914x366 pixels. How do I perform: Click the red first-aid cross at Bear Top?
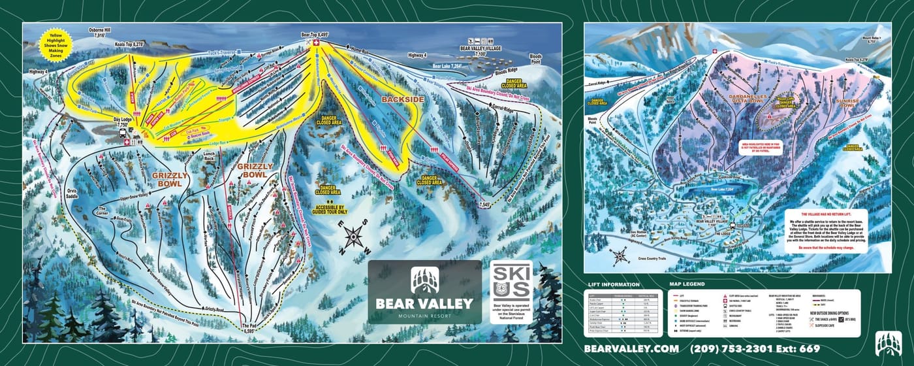[x=317, y=42]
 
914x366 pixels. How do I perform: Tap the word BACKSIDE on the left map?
[x=403, y=99]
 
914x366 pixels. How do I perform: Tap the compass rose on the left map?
[x=355, y=237]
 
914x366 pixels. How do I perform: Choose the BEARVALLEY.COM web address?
[x=627, y=349]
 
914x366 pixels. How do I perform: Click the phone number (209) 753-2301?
[x=736, y=349]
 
